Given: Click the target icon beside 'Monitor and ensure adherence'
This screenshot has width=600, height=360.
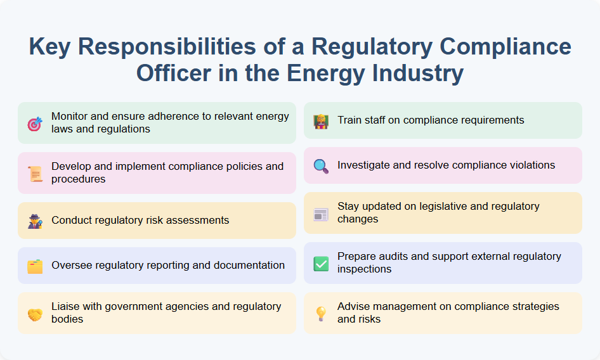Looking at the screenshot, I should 34,124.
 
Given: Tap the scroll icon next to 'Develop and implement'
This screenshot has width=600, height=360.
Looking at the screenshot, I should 34,174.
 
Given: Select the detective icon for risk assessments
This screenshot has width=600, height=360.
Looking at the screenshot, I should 34,221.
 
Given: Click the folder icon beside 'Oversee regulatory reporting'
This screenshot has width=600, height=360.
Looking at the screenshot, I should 34,266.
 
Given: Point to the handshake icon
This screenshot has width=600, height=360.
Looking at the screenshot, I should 34,314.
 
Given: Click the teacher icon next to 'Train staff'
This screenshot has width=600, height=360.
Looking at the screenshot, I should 321,121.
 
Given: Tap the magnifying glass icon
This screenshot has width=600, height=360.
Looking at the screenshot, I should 321,166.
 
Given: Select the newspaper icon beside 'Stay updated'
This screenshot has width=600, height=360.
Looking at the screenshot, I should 321,214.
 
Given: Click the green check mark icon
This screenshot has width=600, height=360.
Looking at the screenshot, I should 321,264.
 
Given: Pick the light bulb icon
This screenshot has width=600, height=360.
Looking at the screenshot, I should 321,314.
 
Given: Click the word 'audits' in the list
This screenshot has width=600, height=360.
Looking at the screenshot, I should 395,257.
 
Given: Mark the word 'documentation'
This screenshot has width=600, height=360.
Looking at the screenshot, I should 251,266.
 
